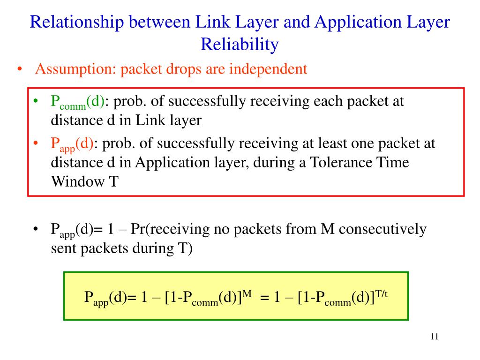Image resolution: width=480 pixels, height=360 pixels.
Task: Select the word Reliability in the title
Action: (240, 45)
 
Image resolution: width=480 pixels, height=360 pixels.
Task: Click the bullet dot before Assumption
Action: (20, 70)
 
